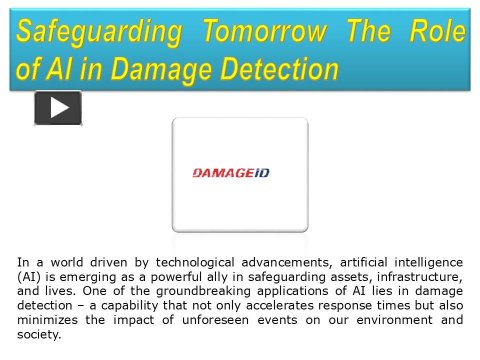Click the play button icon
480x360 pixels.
(x=58, y=108)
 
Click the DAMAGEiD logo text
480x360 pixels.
(x=230, y=173)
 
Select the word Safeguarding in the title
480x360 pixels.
(x=98, y=32)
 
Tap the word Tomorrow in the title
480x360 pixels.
(x=264, y=32)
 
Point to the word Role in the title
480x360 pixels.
(x=437, y=32)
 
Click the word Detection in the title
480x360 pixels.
(x=279, y=69)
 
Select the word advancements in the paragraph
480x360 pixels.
(x=286, y=262)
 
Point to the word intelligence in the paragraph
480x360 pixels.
(x=428, y=262)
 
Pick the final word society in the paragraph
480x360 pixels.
(x=38, y=334)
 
